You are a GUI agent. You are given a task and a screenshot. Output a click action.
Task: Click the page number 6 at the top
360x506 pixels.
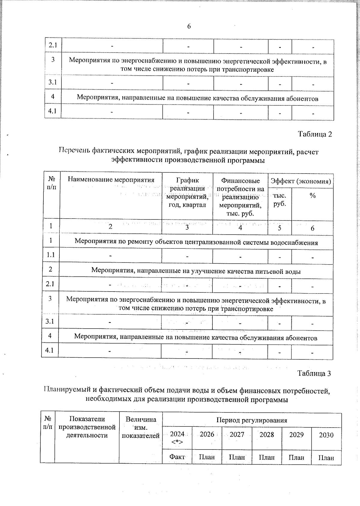tap(189, 26)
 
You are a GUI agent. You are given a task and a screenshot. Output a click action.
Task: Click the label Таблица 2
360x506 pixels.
tap(315, 134)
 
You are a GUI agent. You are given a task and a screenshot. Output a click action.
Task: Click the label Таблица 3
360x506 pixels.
tap(314, 373)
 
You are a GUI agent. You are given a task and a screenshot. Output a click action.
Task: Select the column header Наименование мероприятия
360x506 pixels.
tap(111, 180)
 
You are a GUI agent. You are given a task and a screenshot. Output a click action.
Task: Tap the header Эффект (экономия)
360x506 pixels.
tap(301, 181)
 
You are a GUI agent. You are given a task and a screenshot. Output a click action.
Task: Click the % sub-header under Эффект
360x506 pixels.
tap(313, 196)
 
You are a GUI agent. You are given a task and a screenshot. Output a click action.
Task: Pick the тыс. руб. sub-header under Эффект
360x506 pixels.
tap(280, 199)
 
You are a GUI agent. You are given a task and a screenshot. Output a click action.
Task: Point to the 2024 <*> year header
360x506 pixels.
tap(177, 438)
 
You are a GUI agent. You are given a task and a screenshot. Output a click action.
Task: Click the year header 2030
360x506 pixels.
tap(326, 435)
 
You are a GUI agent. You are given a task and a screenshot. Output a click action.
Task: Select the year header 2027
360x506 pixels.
tap(237, 435)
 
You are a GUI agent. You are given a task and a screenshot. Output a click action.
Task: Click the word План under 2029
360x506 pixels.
tap(296, 457)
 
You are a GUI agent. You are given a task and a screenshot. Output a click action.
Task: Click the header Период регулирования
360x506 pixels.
tap(252, 420)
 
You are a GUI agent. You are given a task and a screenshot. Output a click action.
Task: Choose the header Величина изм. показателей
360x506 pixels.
tap(141, 427)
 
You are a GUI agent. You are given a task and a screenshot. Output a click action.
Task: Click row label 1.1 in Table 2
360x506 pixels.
tap(51, 255)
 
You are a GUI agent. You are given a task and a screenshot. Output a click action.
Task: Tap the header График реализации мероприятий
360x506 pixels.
tap(187, 192)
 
